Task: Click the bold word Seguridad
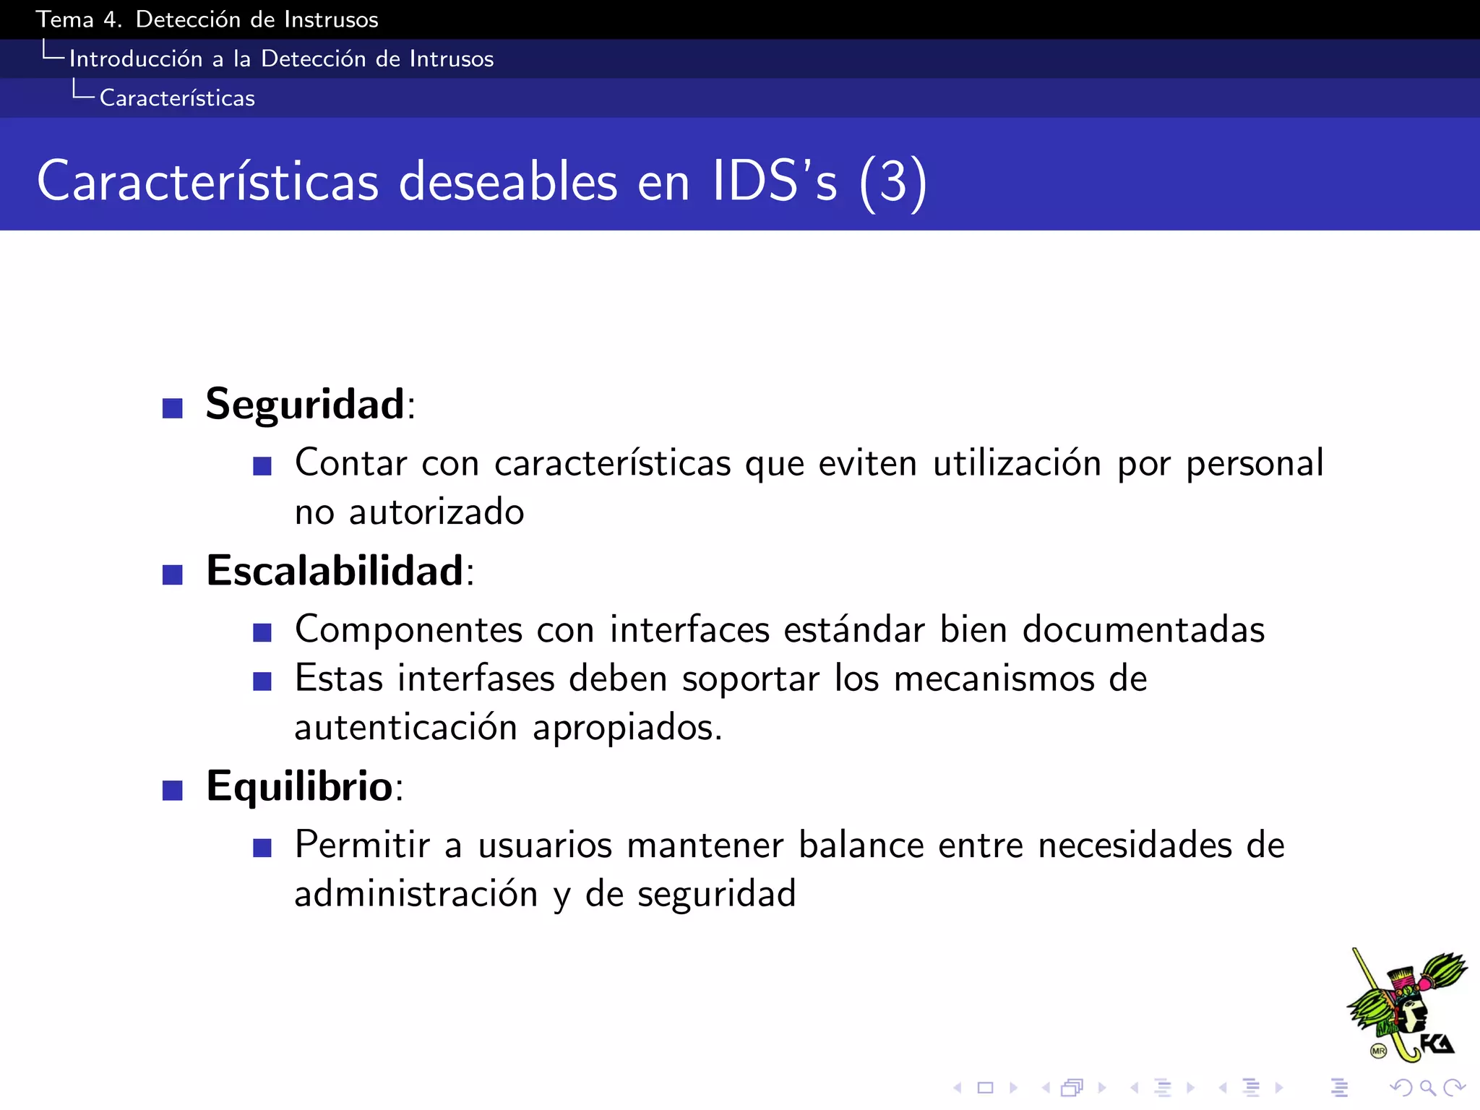pyautogui.click(x=304, y=404)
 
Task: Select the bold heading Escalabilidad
pyautogui.click(x=334, y=571)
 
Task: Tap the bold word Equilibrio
pyautogui.click(x=299, y=786)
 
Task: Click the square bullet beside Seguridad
pyautogui.click(x=172, y=408)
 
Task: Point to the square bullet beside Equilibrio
pyautogui.click(x=172, y=791)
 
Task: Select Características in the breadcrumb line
pyautogui.click(x=177, y=98)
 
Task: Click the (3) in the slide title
pyautogui.click(x=892, y=181)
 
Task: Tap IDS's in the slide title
pyautogui.click(x=774, y=181)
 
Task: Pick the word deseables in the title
pyautogui.click(x=508, y=181)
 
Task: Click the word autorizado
pyautogui.click(x=436, y=512)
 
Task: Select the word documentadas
pyautogui.click(x=1143, y=629)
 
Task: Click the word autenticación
pyautogui.click(x=405, y=727)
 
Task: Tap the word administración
pyautogui.click(x=416, y=894)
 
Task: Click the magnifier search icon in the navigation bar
pyautogui.click(x=1427, y=1087)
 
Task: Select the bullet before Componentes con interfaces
pyautogui.click(x=262, y=633)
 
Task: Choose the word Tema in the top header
pyautogui.click(x=64, y=20)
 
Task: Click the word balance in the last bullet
pyautogui.click(x=861, y=846)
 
